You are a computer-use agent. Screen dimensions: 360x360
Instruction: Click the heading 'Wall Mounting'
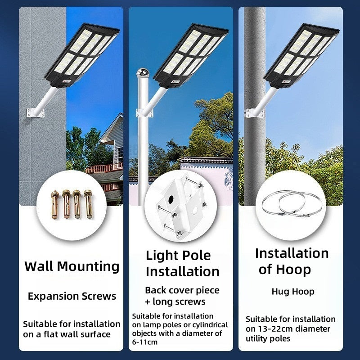coord(72,266)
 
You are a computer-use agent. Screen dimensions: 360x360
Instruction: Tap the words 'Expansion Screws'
coord(72,296)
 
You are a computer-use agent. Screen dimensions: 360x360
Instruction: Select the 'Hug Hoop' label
coord(293,292)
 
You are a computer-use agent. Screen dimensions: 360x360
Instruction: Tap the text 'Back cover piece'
coord(182,290)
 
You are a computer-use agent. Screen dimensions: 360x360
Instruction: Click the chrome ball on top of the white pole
coord(143,72)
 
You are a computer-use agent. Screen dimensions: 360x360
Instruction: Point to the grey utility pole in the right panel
coord(255,148)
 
